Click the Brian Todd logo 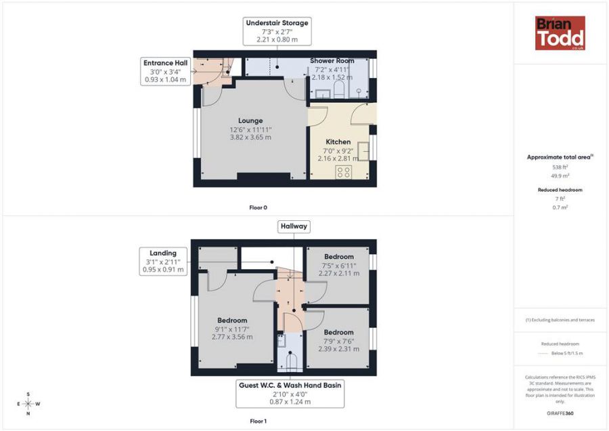(560, 33)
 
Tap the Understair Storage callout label (277, 23)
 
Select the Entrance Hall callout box (166, 71)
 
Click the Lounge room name (250, 121)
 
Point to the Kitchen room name (338, 142)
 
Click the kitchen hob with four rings (343, 172)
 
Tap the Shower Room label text (332, 61)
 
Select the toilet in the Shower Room (339, 89)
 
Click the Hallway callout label (294, 226)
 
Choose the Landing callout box (163, 262)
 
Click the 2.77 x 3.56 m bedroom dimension (232, 337)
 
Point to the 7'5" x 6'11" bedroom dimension (339, 266)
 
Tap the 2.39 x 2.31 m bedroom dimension (339, 349)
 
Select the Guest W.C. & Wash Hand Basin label (290, 386)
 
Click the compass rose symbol (28, 404)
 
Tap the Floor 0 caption (258, 208)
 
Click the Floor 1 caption (258, 422)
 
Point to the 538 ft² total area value (560, 167)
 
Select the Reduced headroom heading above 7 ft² (560, 190)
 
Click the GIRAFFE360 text (560, 413)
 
